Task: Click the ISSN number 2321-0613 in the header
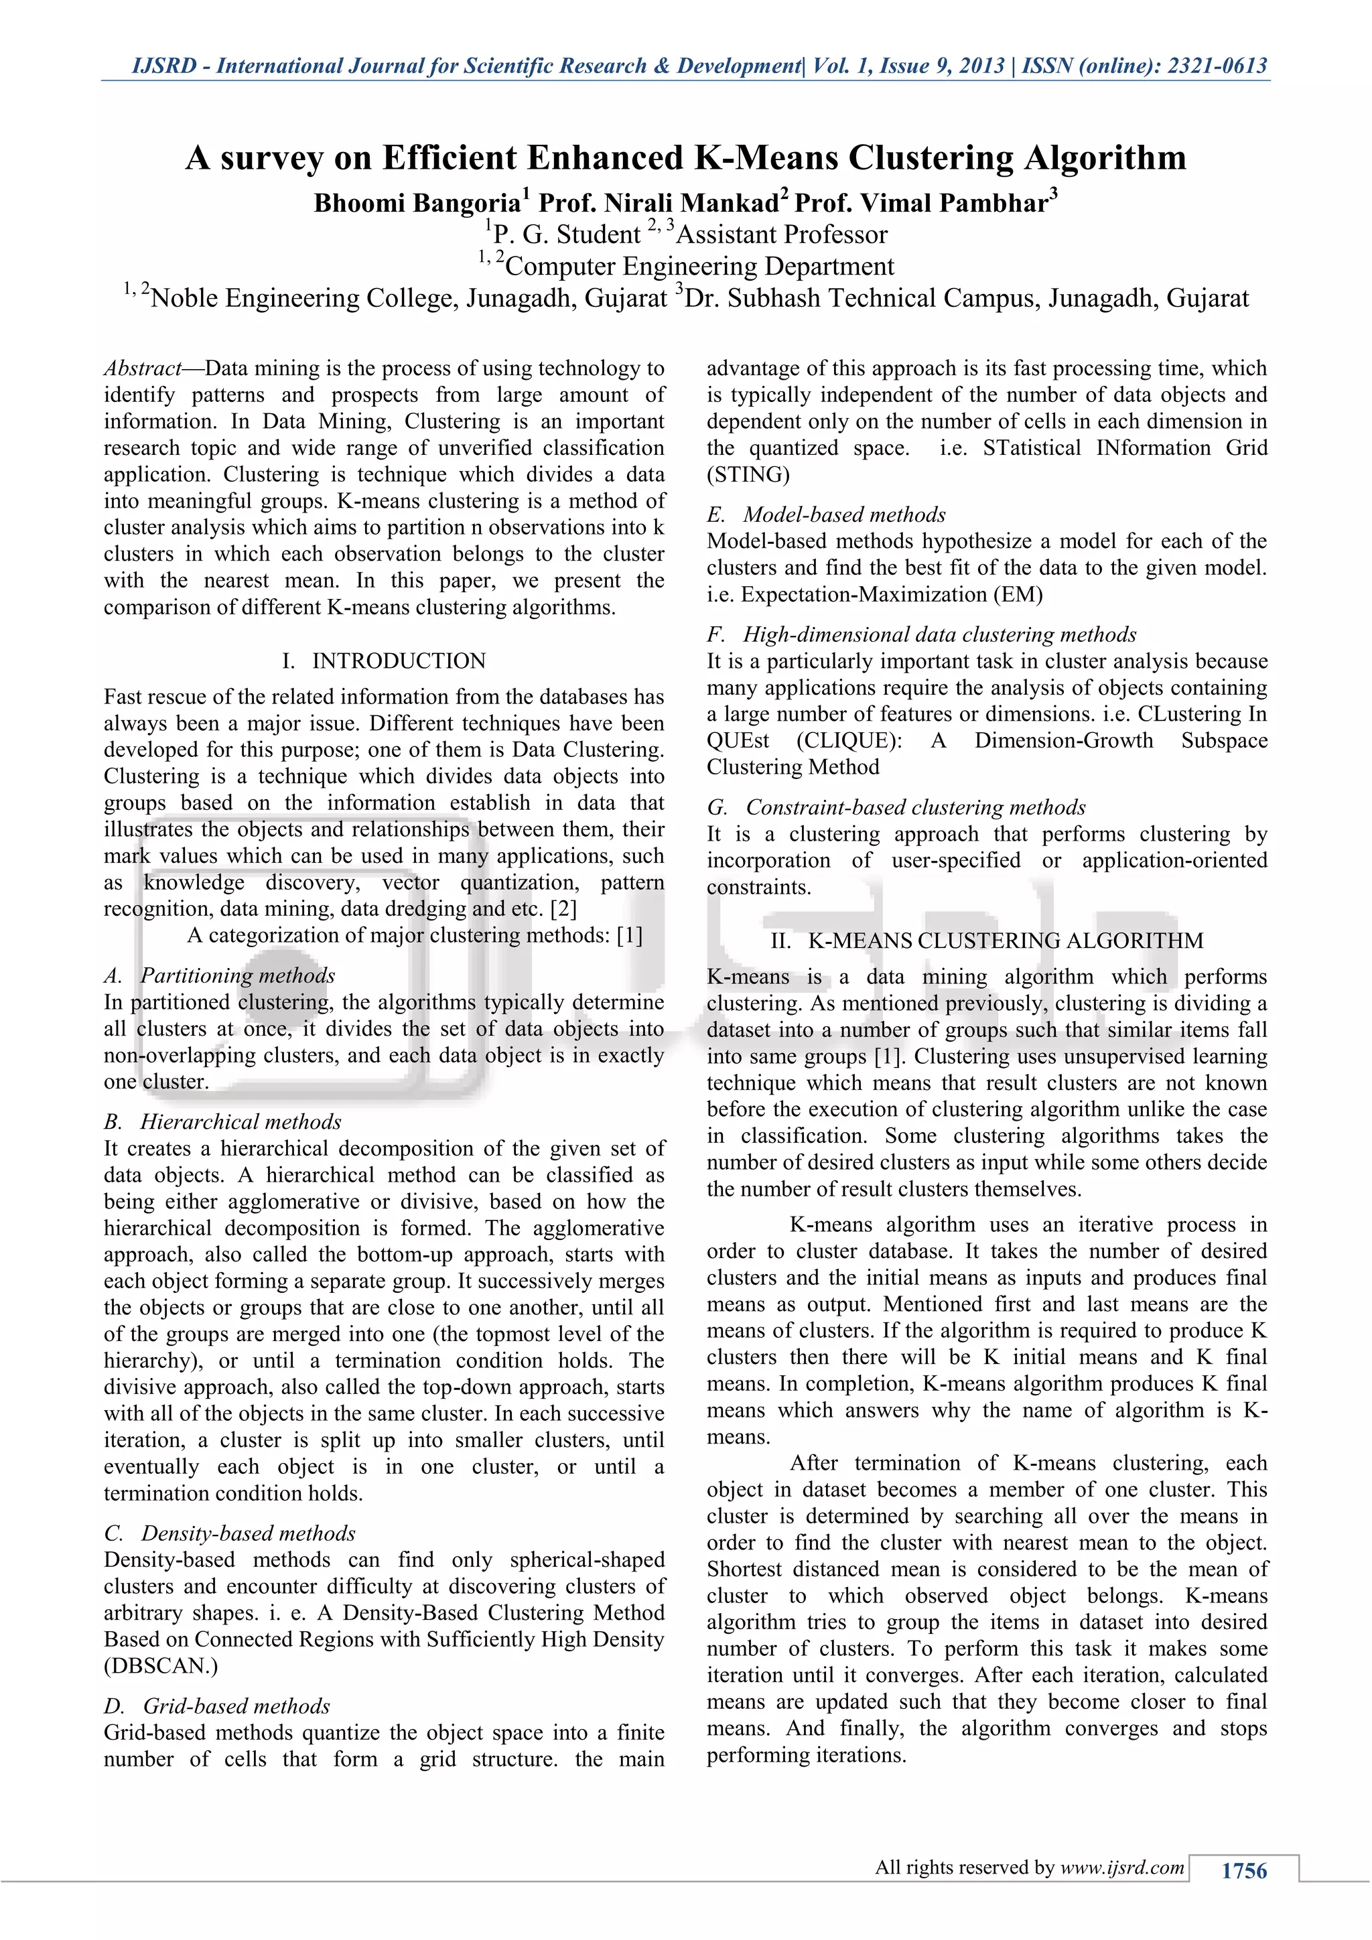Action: pyautogui.click(x=1217, y=66)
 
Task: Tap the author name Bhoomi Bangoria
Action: pyautogui.click(x=417, y=204)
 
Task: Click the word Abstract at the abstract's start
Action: pyautogui.click(x=142, y=368)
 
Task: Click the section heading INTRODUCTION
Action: pyautogui.click(x=399, y=661)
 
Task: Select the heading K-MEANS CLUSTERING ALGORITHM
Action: pyautogui.click(x=1006, y=941)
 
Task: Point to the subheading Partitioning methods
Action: pyautogui.click(x=237, y=975)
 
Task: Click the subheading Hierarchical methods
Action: pyautogui.click(x=241, y=1121)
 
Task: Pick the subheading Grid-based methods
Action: pyautogui.click(x=236, y=1706)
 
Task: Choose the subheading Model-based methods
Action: pyautogui.click(x=844, y=514)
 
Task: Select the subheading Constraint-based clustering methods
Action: pyautogui.click(x=916, y=807)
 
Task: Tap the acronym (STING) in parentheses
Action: pyautogui.click(x=748, y=475)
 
